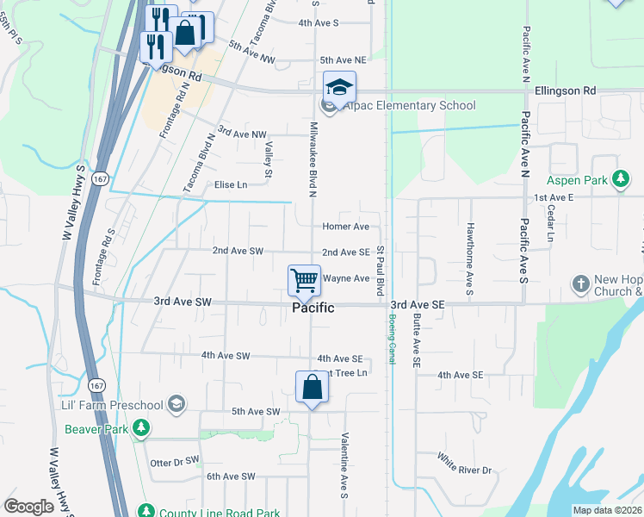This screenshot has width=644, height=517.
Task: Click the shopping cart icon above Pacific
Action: tap(304, 280)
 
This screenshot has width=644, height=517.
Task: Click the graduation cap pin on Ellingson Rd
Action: tap(339, 87)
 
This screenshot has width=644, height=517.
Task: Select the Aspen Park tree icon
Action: tap(619, 180)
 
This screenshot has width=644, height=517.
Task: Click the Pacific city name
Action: tap(313, 308)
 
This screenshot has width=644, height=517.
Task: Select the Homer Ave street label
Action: tap(345, 227)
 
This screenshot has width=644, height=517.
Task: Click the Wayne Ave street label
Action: tap(346, 278)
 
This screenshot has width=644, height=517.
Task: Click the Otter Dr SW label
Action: tap(174, 462)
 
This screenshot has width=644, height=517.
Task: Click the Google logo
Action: tap(29, 507)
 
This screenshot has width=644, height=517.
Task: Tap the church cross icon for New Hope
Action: tap(581, 283)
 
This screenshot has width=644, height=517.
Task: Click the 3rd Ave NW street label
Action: tap(242, 133)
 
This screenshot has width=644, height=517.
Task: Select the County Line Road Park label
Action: tap(206, 510)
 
